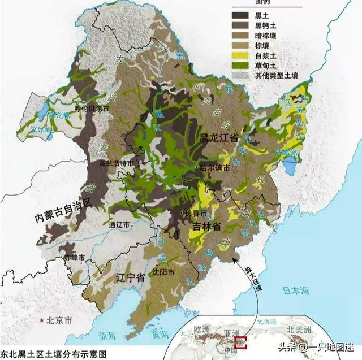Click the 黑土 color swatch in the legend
(243, 16)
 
